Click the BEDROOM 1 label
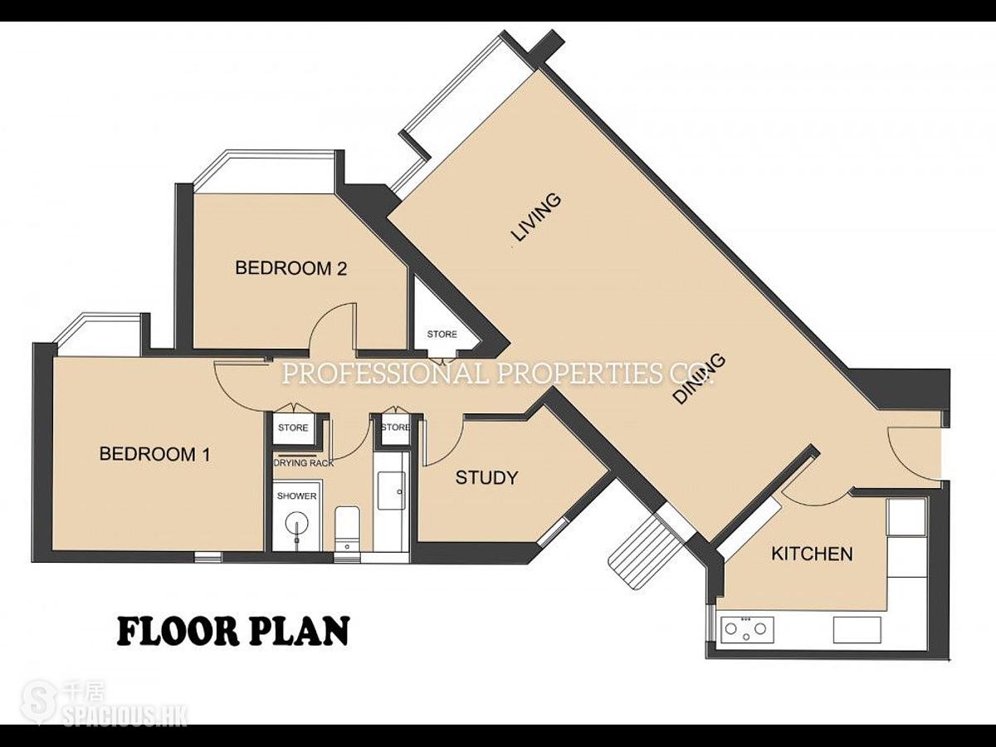pos(154,454)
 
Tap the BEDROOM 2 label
pos(290,268)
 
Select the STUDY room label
pos(486,477)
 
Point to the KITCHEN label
pos(813,554)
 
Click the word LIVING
pos(536,217)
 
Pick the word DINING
pos(701,378)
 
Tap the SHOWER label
pos(297,496)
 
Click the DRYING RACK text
pos(304,463)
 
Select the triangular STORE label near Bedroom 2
pos(442,334)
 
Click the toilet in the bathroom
pos(347,528)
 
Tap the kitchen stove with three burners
pos(747,629)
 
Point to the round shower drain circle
pos(297,525)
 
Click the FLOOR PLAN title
pos(233,631)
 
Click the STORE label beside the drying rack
pos(293,427)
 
